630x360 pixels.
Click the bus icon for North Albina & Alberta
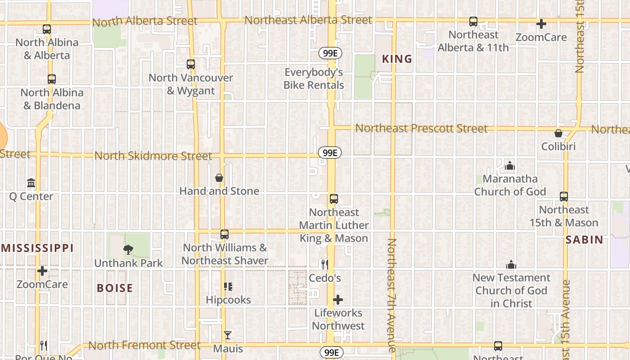[x=47, y=29]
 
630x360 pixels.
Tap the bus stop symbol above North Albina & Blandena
[x=52, y=79]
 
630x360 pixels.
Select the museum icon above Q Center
[x=31, y=183]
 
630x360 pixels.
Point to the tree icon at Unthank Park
[x=128, y=249]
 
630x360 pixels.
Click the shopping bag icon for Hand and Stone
[x=219, y=178]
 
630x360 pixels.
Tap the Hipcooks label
[x=228, y=300]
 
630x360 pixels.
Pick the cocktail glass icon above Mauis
[x=228, y=335]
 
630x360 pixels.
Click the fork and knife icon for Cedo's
[x=324, y=265]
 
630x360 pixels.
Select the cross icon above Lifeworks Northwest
[x=338, y=300]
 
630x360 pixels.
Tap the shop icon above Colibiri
[x=558, y=133]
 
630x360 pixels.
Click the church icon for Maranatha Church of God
[x=509, y=166]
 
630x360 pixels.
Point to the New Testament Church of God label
[x=511, y=291]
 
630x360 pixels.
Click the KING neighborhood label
[x=397, y=59]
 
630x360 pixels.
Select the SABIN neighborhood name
[x=584, y=240]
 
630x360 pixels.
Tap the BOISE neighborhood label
[x=115, y=288]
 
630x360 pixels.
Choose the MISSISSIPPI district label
[x=37, y=248]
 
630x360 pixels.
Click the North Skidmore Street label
[x=153, y=156]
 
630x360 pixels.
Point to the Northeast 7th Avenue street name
[x=391, y=295]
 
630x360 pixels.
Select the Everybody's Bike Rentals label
[x=314, y=79]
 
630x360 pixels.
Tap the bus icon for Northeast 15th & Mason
[x=564, y=197]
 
